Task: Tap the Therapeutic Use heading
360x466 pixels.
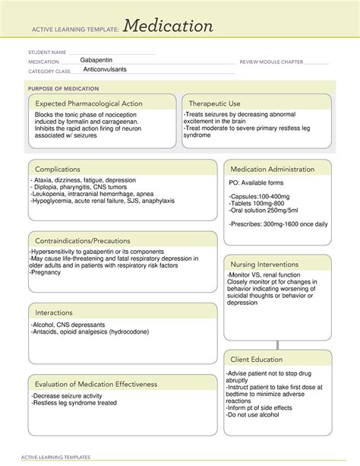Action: pyautogui.click(x=214, y=103)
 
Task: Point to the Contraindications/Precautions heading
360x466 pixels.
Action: pyautogui.click(x=82, y=241)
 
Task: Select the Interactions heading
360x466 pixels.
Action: pyautogui.click(x=54, y=312)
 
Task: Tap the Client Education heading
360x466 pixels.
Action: pyautogui.click(x=257, y=359)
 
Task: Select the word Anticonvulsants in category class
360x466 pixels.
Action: pyautogui.click(x=105, y=69)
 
